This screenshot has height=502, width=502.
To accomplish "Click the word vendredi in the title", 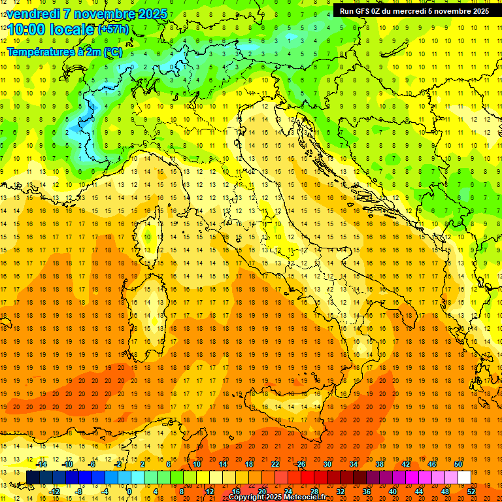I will (x=33, y=14).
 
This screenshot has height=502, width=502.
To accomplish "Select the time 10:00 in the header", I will (x=26, y=29).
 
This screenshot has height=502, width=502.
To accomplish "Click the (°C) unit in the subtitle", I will (x=112, y=52).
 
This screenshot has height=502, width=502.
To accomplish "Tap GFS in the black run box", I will (x=362, y=10).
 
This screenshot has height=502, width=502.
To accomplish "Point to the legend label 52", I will (x=471, y=491).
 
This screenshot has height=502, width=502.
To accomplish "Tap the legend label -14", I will (x=41, y=464).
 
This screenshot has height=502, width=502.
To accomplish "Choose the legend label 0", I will (x=129, y=491).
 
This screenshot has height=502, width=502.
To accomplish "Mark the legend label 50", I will (x=458, y=464).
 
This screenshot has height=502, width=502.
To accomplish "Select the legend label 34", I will (x=354, y=464).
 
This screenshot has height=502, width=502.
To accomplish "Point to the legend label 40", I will (x=392, y=491).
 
